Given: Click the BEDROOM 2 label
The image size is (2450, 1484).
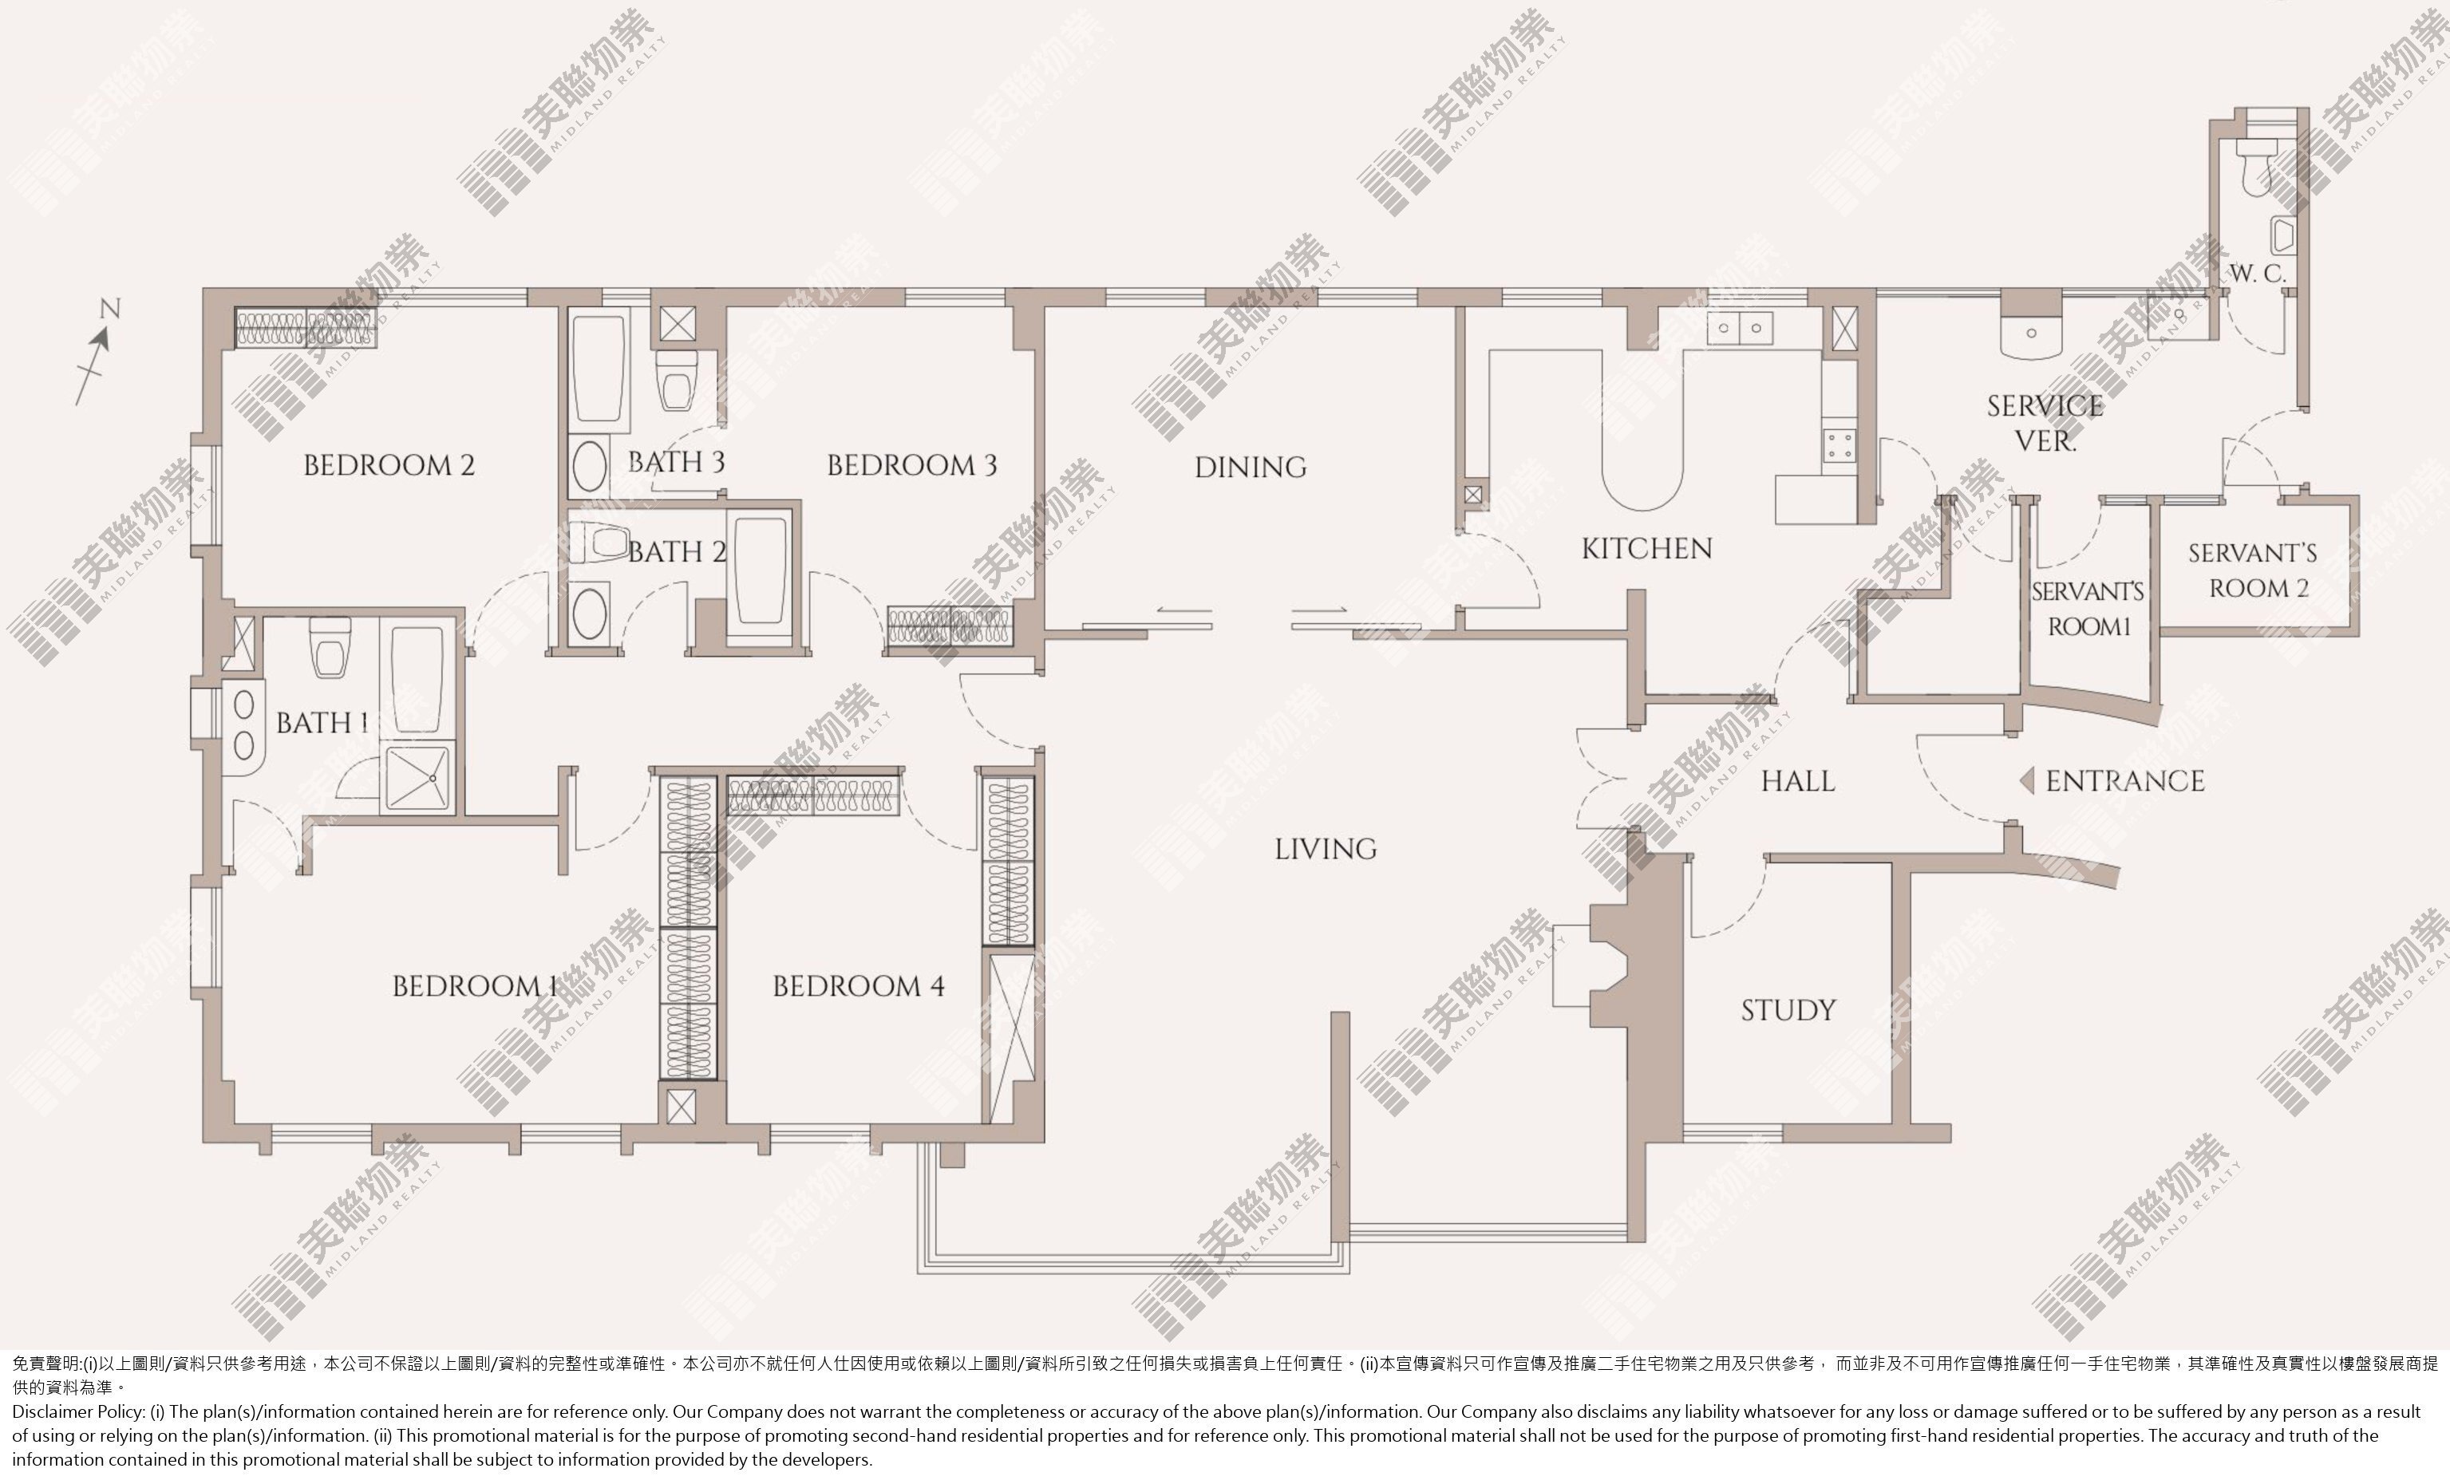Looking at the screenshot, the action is (389, 464).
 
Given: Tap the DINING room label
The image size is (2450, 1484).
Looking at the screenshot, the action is (1250, 468).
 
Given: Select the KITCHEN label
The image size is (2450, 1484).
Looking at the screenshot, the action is (1646, 549).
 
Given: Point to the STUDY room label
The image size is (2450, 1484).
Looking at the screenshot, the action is (1788, 1011).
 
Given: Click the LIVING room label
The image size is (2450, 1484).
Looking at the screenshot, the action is (1326, 849).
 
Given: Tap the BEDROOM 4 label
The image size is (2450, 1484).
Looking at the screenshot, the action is (858, 986).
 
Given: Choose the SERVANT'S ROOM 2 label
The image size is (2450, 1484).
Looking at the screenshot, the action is (2252, 570).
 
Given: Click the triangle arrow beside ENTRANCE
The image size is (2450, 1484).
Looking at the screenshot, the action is (2026, 781).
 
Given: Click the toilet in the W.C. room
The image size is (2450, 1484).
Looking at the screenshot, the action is (2255, 165).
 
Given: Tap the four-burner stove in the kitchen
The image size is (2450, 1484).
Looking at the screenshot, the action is (1839, 445).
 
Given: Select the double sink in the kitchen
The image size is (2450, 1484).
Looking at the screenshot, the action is (1740, 327).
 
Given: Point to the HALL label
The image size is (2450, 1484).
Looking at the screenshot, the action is (1798, 781).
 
